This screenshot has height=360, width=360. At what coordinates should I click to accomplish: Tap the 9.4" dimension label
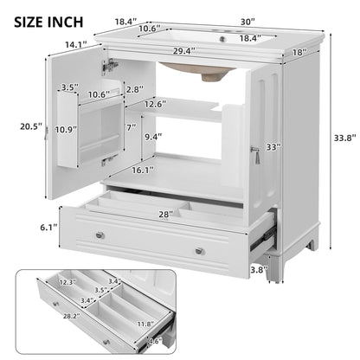pos(153,135)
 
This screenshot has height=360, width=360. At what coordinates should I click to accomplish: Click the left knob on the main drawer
pos(102,235)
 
